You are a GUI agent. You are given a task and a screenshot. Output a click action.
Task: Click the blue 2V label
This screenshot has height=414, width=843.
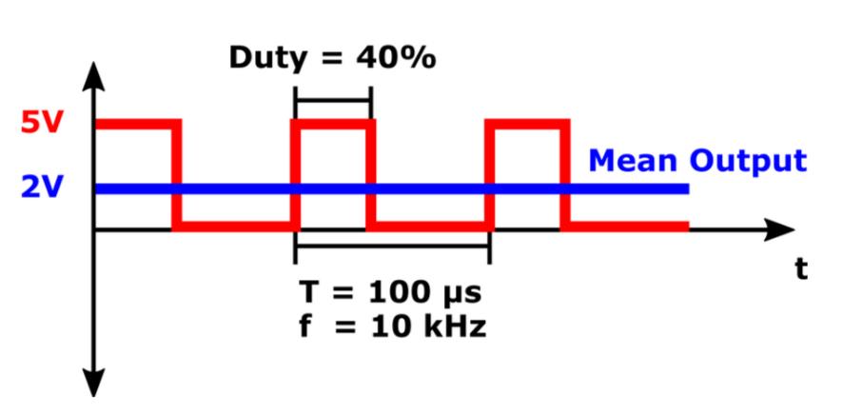[x=40, y=187]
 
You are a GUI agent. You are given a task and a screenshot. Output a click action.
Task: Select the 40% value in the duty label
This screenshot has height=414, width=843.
[x=397, y=57]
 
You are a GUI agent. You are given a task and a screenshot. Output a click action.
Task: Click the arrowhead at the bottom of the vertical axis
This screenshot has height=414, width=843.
[x=94, y=382]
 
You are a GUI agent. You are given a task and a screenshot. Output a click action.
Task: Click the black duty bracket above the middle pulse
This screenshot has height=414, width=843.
[x=333, y=99]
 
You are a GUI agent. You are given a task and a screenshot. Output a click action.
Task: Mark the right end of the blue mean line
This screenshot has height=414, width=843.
[x=685, y=188]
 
